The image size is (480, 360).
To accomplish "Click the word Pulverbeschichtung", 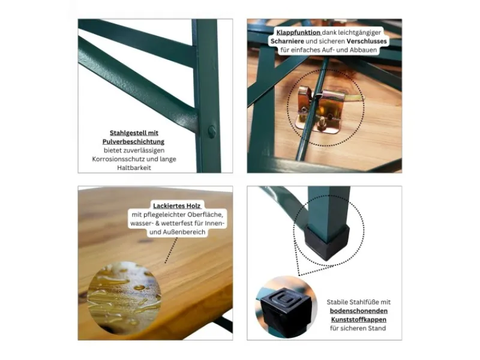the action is click(133, 142).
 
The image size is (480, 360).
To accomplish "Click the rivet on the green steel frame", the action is click(212, 131).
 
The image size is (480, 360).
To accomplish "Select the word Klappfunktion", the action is click(298, 32).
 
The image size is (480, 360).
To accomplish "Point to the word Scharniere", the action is click(287, 41).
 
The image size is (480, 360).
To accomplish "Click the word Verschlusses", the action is click(367, 41).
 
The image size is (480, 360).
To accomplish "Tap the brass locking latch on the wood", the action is click(325, 109).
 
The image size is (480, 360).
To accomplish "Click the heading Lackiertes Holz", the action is click(176, 206).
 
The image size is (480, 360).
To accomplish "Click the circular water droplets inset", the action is click(124, 297).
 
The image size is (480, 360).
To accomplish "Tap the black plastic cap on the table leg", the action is click(328, 242).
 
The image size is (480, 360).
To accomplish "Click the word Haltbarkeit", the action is click(134, 168).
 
